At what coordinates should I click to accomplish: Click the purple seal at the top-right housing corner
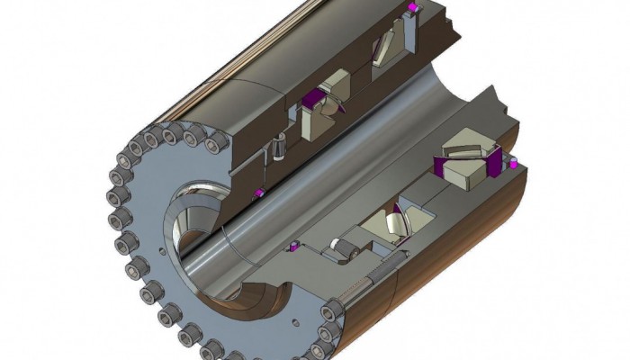click(412, 8)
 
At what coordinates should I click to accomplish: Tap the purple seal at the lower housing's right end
click(511, 164)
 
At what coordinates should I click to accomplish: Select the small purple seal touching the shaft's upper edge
click(259, 193)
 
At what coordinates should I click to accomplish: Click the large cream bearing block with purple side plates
click(468, 166)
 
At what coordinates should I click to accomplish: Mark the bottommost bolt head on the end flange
click(209, 347)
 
